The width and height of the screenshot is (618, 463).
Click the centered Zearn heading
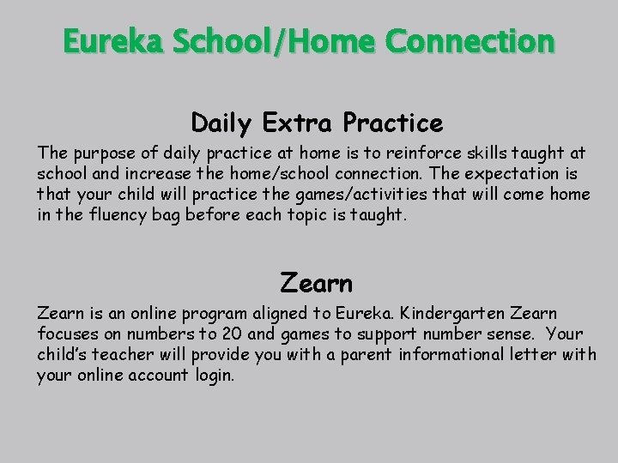point(316,280)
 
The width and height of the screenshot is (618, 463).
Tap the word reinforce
point(423,154)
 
